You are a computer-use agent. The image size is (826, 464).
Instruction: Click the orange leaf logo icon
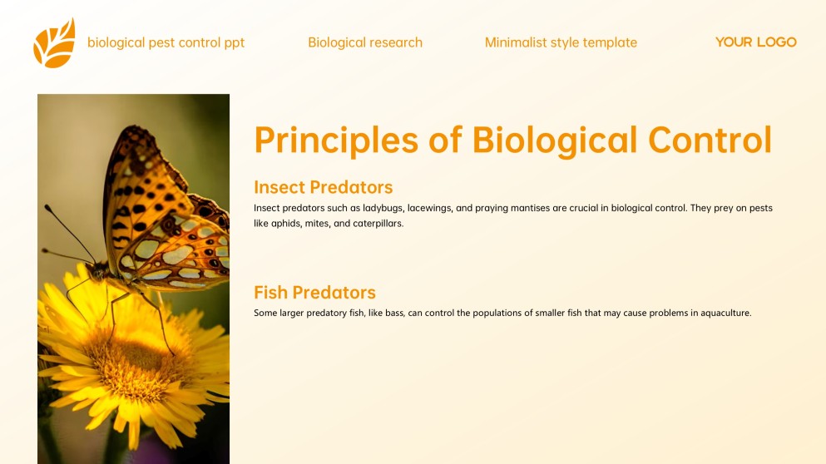coord(54,43)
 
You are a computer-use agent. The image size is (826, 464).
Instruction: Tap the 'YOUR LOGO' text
coord(755,42)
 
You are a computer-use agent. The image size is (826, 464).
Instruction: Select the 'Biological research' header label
coord(365,42)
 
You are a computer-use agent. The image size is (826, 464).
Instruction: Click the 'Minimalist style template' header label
coord(561,42)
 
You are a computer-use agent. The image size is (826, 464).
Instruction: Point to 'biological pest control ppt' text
coord(166,42)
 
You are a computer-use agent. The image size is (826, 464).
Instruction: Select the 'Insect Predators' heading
coord(323,187)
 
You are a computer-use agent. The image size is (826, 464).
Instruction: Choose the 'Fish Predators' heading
coord(314,293)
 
